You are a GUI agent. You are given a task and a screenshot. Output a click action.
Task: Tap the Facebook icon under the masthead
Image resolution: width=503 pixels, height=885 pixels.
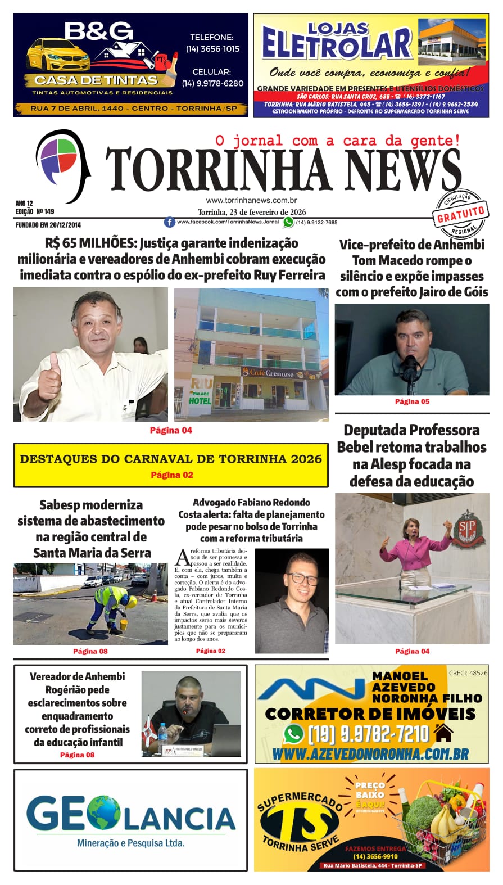(169, 223)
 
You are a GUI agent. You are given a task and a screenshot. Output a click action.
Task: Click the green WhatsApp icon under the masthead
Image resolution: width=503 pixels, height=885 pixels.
(288, 223)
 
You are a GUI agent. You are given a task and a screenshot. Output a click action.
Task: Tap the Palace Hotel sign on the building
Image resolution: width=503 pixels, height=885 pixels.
(201, 391)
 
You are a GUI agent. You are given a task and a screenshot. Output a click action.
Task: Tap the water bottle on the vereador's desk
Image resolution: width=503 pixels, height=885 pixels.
(163, 738)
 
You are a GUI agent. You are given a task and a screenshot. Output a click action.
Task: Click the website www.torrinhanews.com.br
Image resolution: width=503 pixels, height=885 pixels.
(251, 200)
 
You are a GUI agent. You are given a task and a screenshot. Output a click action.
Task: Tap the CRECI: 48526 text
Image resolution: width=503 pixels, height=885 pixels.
(468, 673)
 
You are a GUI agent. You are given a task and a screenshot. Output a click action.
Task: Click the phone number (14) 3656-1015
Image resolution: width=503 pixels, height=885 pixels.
(212, 49)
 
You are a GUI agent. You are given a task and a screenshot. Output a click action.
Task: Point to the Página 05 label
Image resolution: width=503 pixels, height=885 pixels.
(412, 401)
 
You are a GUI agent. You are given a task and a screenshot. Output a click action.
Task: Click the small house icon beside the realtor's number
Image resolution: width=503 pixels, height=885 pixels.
(444, 733)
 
